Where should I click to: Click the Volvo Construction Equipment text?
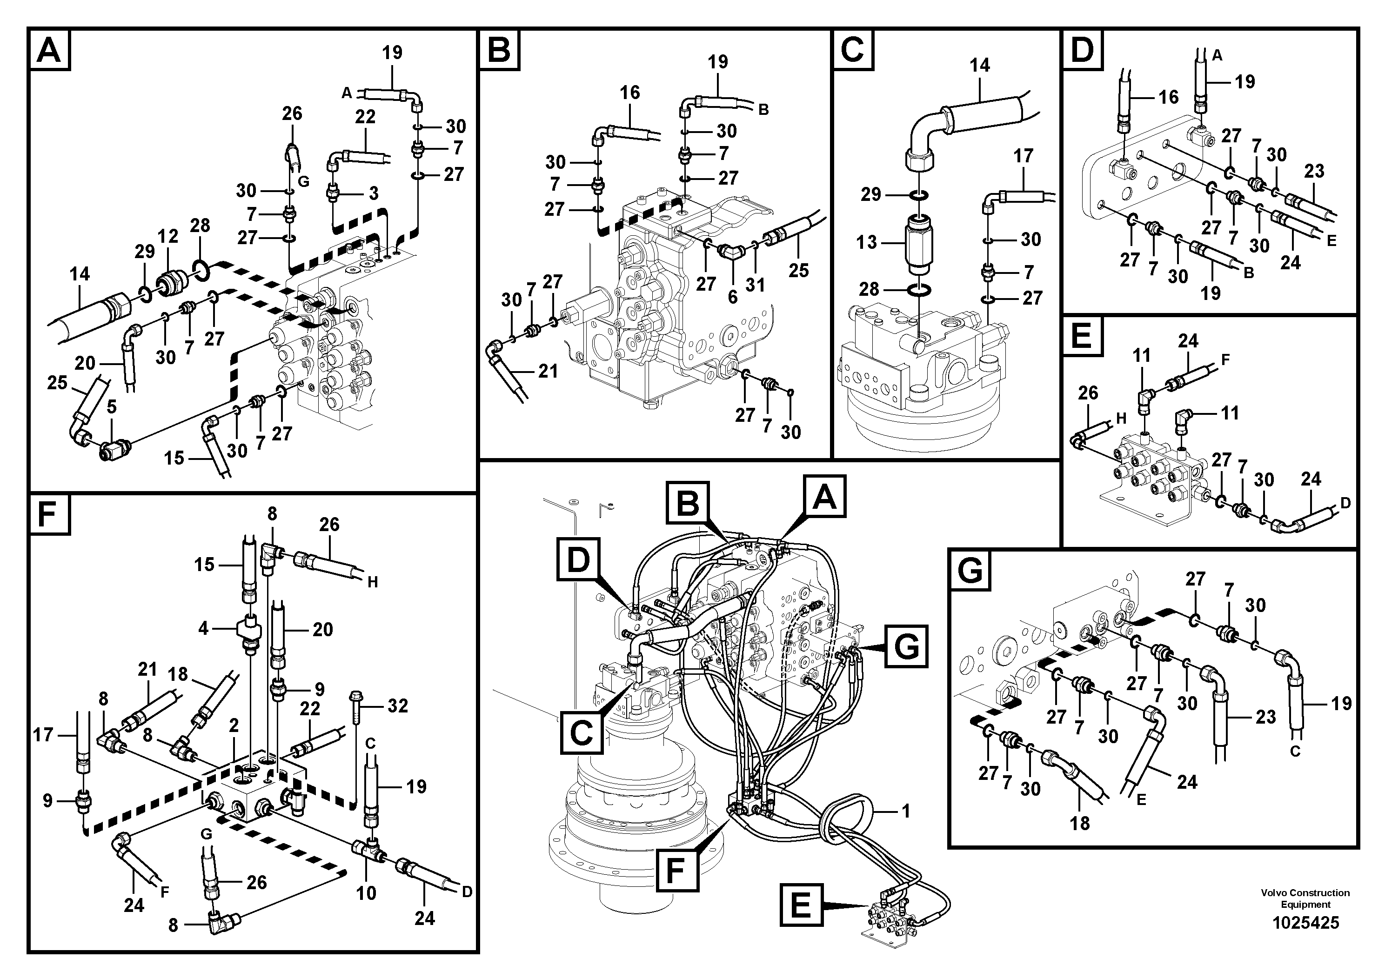pyautogui.click(x=1305, y=898)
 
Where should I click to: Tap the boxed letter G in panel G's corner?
pyautogui.click(x=970, y=570)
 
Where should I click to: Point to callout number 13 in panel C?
pyautogui.click(x=866, y=242)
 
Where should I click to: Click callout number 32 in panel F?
pyautogui.click(x=397, y=705)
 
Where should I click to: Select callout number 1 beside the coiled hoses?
pyautogui.click(x=905, y=811)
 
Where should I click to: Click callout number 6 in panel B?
pyautogui.click(x=732, y=297)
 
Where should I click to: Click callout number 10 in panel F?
pyautogui.click(x=366, y=892)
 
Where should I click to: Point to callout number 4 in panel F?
pyautogui.click(x=203, y=629)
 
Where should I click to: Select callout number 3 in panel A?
pyautogui.click(x=374, y=193)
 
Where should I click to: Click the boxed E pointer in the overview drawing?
pyautogui.click(x=801, y=905)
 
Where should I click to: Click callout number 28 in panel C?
pyautogui.click(x=869, y=289)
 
